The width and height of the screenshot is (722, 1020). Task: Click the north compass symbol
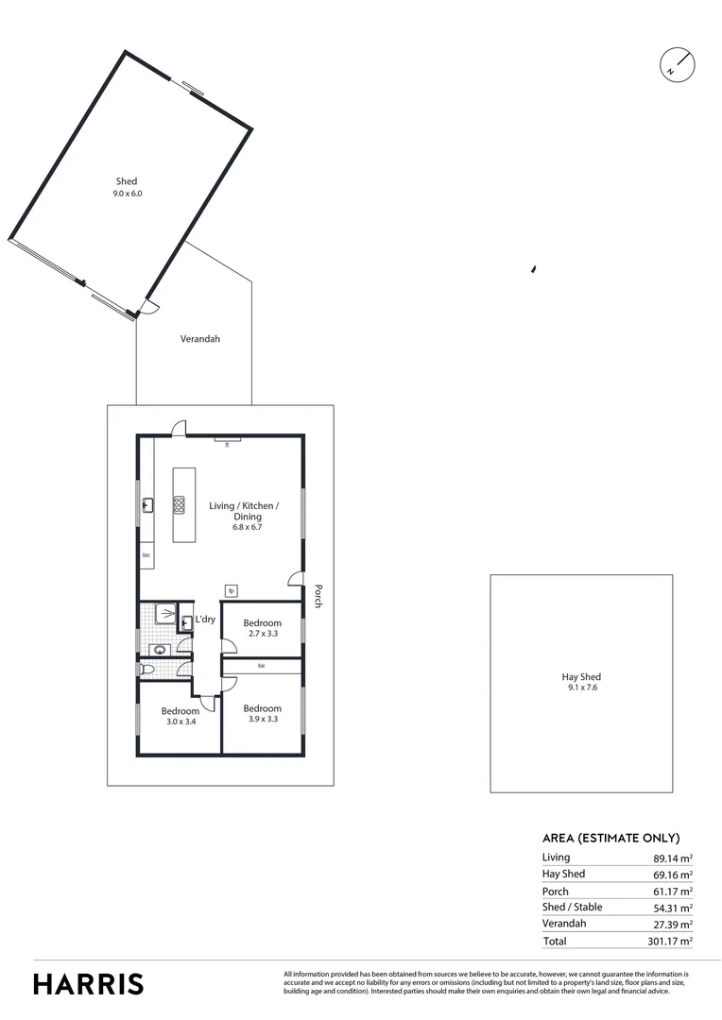(x=677, y=63)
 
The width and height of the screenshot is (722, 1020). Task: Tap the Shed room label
(x=127, y=187)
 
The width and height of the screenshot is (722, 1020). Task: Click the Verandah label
(x=199, y=338)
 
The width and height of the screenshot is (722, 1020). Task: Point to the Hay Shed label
(x=581, y=682)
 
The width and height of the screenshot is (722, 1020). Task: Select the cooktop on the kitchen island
(x=179, y=504)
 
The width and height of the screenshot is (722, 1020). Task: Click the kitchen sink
(x=147, y=505)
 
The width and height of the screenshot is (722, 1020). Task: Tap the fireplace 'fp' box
(x=231, y=591)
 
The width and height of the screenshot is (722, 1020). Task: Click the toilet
(x=146, y=669)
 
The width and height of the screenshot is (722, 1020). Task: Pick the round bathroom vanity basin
(x=160, y=649)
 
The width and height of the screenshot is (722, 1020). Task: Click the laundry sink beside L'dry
(x=185, y=621)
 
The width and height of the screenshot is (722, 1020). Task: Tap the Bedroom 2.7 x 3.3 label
(x=262, y=628)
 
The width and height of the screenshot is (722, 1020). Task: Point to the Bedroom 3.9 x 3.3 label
(x=262, y=713)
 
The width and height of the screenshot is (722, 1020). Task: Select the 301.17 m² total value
(x=673, y=941)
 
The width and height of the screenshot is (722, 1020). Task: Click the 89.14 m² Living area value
(x=673, y=858)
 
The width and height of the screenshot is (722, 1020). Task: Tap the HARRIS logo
(x=89, y=983)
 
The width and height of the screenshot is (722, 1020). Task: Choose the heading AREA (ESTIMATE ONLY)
(x=610, y=838)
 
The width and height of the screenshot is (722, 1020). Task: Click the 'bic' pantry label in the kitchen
(x=146, y=555)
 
